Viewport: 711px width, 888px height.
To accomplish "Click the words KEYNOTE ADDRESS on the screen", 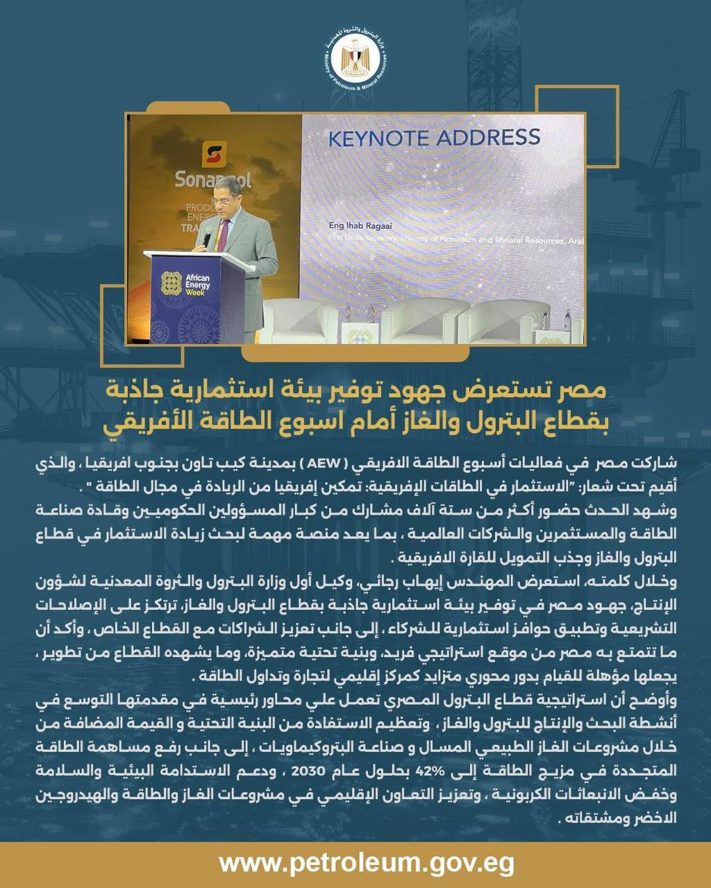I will [433, 137].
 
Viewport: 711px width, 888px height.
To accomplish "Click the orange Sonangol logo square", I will [214, 153].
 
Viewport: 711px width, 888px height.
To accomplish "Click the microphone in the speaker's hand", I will [208, 237].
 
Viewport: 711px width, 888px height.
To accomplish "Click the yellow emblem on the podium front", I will [170, 283].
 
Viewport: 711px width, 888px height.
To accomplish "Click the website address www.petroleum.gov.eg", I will [355, 864].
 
